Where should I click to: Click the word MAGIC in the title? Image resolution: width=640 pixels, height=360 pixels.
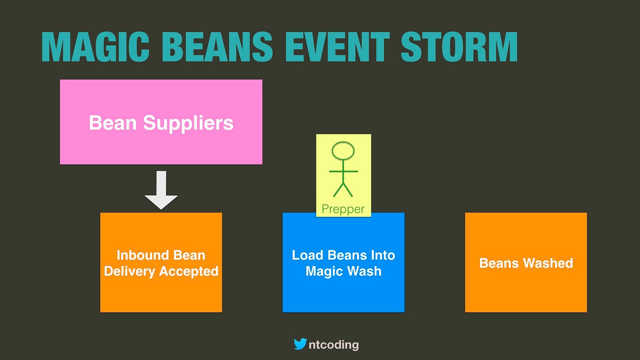95,46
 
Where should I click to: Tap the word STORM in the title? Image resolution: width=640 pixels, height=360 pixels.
459,46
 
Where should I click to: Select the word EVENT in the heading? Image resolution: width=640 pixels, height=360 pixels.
338,46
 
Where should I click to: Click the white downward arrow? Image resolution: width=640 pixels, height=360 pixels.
161,190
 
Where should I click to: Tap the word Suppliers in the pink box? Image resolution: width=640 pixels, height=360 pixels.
188,124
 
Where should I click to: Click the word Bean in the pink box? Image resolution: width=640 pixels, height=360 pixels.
113,123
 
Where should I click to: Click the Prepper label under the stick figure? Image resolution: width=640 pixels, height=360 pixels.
343,209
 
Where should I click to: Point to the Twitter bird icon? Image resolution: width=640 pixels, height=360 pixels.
300,344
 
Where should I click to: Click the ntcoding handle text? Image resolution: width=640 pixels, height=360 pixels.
334,344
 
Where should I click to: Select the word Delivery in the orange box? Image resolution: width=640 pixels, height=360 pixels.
130,271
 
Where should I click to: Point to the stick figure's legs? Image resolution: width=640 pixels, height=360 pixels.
343,190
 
